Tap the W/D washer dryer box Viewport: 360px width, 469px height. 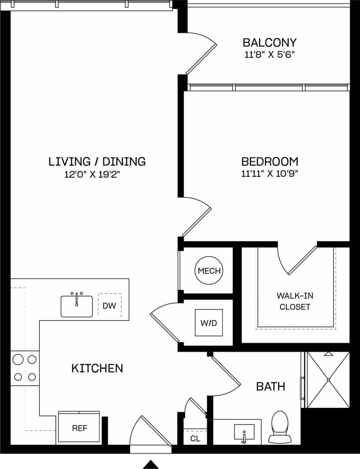pyautogui.click(x=209, y=323)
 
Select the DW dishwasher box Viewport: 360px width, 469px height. pyautogui.click(x=109, y=305)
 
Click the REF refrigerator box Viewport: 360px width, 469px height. pyautogui.click(x=79, y=428)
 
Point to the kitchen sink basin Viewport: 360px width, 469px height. pyautogui.click(x=77, y=307)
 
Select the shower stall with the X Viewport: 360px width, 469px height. pyautogui.click(x=328, y=380)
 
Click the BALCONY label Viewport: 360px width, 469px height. pyautogui.click(x=269, y=43)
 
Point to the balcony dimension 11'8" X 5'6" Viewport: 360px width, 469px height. pyautogui.click(x=269, y=55)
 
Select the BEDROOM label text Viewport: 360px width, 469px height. pyautogui.click(x=269, y=161)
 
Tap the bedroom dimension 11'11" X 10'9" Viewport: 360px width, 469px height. pyautogui.click(x=269, y=174)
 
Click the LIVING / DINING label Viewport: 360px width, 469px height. pyautogui.click(x=97, y=161)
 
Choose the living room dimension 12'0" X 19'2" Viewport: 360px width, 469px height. pyautogui.click(x=92, y=175)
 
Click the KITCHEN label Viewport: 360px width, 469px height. pyautogui.click(x=97, y=368)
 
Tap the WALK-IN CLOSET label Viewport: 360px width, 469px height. pyautogui.click(x=295, y=301)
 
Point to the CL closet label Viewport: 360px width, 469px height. pyautogui.click(x=195, y=439)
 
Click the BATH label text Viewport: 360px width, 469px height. pyautogui.click(x=271, y=386)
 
